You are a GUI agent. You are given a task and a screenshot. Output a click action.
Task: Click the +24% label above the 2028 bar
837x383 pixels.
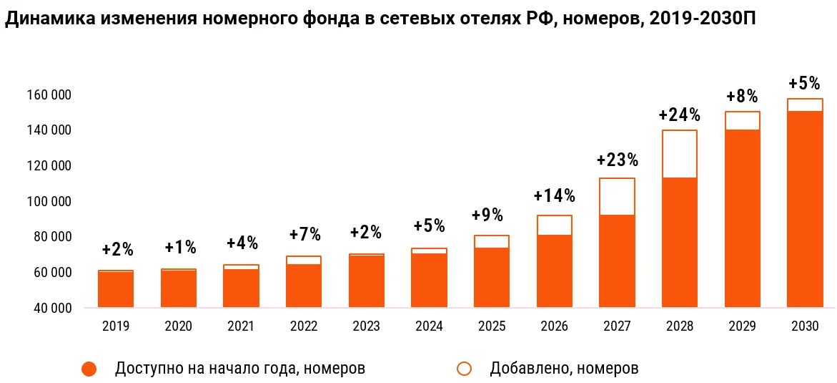tap(679, 115)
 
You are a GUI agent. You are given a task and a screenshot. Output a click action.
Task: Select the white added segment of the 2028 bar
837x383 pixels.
tap(679, 154)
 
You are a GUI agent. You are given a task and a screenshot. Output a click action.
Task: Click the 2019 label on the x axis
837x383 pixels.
tap(116, 326)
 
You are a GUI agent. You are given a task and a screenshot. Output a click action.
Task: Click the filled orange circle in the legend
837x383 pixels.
tap(89, 369)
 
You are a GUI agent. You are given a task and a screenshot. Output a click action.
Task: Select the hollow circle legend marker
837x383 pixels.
tap(465, 369)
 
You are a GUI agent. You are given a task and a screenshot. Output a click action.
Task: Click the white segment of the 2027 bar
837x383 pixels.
tap(617, 196)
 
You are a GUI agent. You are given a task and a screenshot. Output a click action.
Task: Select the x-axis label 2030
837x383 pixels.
tap(805, 326)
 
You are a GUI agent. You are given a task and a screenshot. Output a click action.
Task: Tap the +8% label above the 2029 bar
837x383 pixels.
tap(742, 97)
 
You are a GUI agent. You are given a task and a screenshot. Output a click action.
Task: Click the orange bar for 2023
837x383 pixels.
tap(366, 281)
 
